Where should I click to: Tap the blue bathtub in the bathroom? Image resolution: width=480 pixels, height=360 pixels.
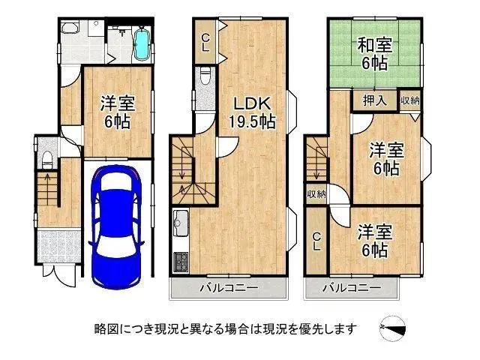141,43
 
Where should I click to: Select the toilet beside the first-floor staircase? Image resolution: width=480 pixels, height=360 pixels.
47,158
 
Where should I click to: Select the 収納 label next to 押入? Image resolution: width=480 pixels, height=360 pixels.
409,100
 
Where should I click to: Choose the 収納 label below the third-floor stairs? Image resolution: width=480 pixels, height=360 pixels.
316,193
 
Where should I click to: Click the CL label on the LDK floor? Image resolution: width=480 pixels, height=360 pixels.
205,42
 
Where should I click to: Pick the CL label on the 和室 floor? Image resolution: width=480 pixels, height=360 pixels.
316,241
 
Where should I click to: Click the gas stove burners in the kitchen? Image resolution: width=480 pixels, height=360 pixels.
181,263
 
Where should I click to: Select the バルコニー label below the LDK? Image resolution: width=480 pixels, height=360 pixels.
229,288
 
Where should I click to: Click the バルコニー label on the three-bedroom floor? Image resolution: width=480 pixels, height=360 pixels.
351,288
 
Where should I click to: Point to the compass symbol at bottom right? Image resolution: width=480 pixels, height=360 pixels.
396,328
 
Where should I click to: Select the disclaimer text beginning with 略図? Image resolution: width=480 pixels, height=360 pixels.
225,328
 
